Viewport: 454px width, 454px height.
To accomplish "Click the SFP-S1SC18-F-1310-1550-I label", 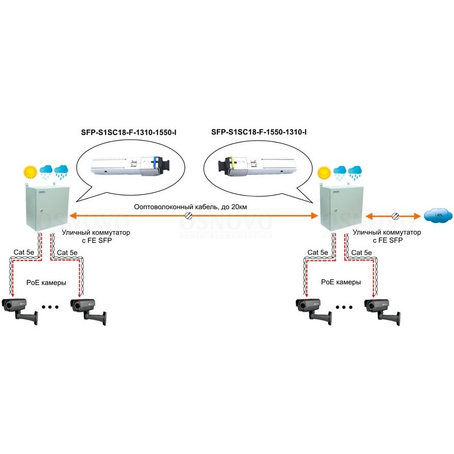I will click(129, 133).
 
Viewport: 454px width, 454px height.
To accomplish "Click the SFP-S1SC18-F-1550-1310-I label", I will click(259, 133).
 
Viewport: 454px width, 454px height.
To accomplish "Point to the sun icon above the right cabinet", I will click(323, 173).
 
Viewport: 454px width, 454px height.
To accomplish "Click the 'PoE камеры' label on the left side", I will click(46, 282).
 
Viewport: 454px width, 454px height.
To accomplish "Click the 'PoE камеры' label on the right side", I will click(341, 282).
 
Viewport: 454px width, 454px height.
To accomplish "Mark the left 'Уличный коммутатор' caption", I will click(96, 233).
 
